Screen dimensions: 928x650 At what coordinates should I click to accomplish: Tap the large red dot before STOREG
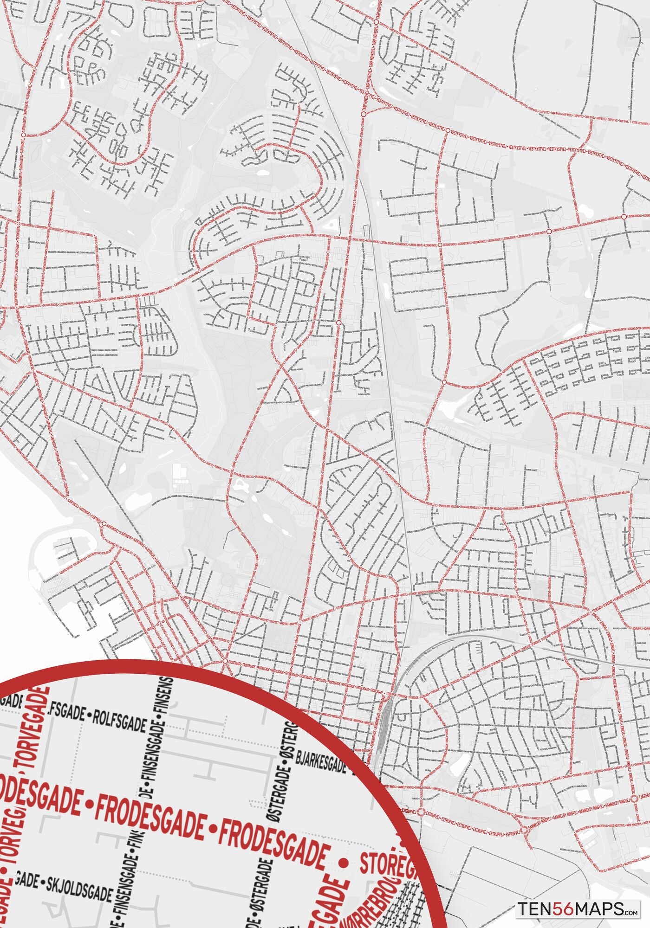pyautogui.click(x=344, y=863)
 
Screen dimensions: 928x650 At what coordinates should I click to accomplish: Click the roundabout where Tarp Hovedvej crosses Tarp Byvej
pyautogui.click(x=376, y=22)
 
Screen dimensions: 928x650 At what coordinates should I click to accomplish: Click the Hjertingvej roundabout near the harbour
pyautogui.click(x=104, y=524)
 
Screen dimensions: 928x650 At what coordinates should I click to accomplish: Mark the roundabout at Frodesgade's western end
pyautogui.click(x=225, y=660)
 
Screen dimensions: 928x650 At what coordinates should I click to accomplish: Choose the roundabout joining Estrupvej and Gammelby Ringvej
pyautogui.click(x=524, y=830)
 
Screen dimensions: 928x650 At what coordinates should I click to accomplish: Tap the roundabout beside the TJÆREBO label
pyautogui.click(x=633, y=800)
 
